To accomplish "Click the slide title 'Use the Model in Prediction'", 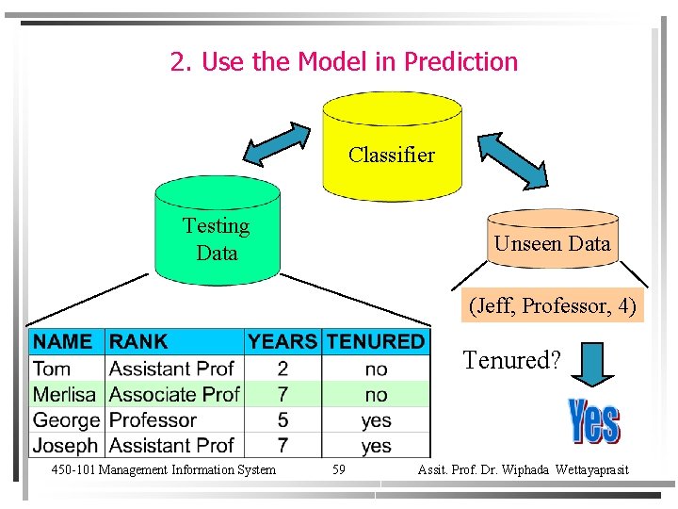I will (x=344, y=62).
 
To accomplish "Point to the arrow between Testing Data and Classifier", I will (x=282, y=143).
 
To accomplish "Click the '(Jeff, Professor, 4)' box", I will (x=553, y=306).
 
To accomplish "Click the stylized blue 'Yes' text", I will (x=594, y=421).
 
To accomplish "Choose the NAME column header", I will (x=63, y=341).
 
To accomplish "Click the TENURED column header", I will (x=376, y=341).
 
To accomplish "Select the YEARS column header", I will (x=282, y=341).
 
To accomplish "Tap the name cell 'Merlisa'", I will (x=66, y=394).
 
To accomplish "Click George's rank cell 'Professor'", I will (x=153, y=419).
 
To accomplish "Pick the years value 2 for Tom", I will (x=282, y=368).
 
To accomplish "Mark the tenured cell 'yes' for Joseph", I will (x=376, y=445).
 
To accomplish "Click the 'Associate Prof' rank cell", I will (x=174, y=394).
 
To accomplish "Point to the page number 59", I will (x=339, y=469).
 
